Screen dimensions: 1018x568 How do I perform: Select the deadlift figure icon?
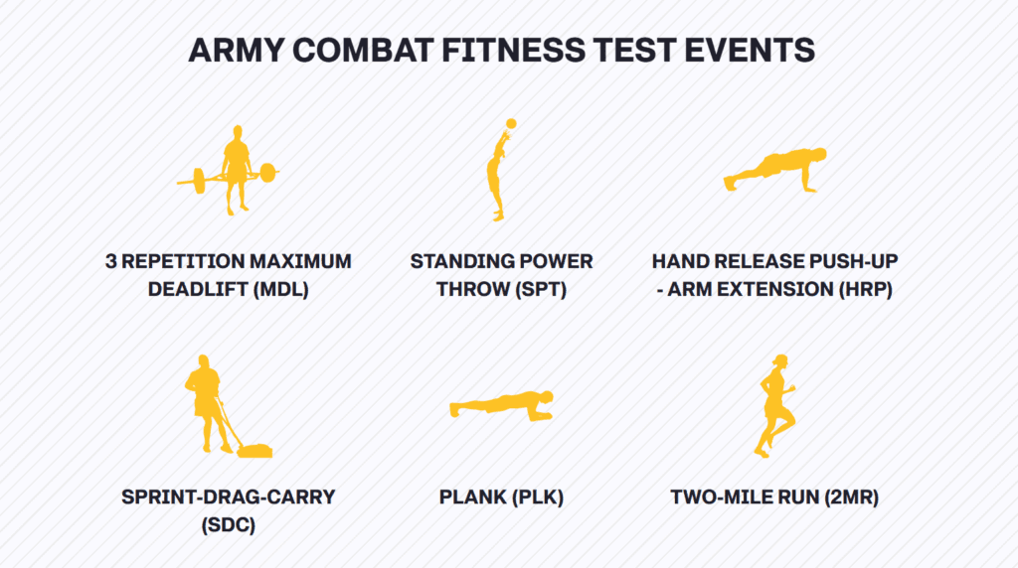tap(229, 171)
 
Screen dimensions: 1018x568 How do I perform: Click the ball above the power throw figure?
tap(511, 124)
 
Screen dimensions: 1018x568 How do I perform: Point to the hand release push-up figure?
tap(775, 170)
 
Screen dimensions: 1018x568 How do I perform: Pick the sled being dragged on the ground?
tap(254, 450)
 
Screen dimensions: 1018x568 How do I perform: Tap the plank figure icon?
tap(501, 406)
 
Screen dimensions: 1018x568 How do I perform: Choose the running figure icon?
tap(774, 406)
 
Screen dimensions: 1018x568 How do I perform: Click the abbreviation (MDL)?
tap(280, 289)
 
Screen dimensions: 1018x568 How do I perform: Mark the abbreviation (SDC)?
tap(229, 524)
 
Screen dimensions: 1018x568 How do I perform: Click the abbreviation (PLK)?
tap(537, 497)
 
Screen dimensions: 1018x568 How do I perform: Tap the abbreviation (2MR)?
tap(851, 497)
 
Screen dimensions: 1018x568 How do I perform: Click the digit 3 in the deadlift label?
tap(111, 261)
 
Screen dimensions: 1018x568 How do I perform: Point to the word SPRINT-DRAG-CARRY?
tap(229, 497)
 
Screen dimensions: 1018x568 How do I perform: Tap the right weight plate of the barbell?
tap(267, 173)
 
